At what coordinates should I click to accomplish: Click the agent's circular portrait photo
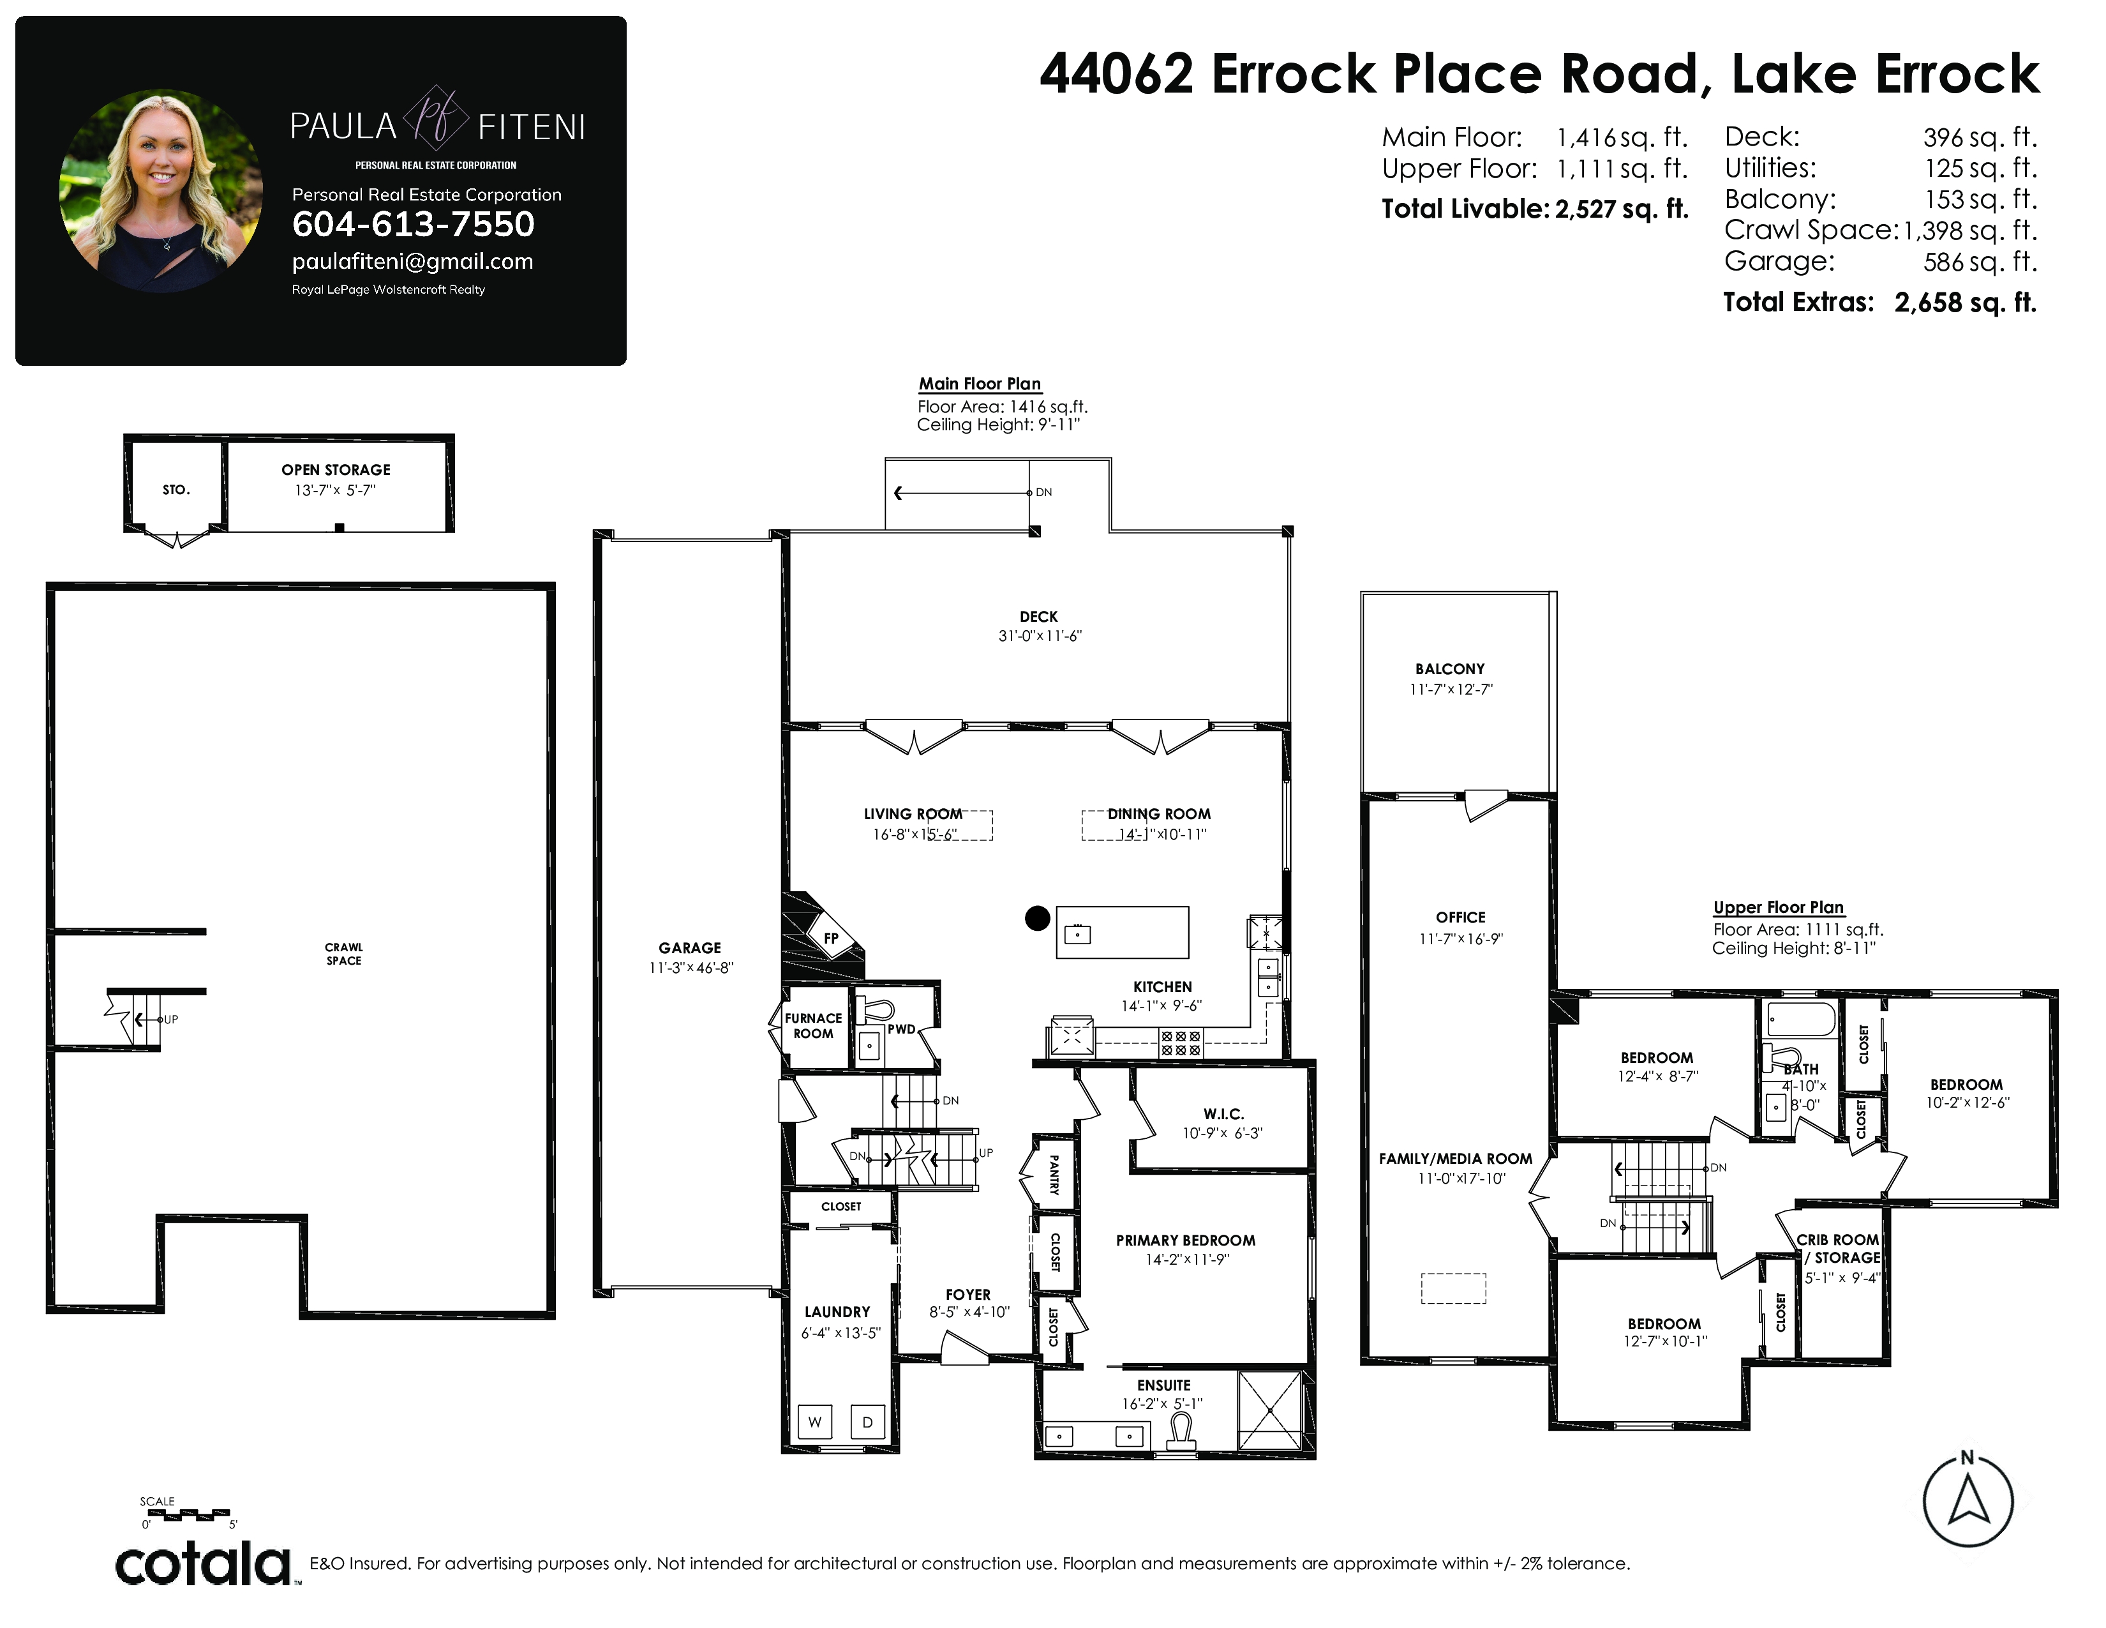[x=161, y=191]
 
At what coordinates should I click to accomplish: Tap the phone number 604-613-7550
[x=413, y=225]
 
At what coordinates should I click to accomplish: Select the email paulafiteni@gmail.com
[x=413, y=261]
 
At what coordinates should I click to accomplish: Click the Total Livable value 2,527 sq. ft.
[x=1622, y=209]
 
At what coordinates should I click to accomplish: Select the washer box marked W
[x=815, y=1422]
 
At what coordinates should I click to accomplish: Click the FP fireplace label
[x=831, y=937]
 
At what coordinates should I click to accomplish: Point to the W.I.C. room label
[x=1223, y=1114]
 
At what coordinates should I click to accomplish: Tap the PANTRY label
[x=1054, y=1175]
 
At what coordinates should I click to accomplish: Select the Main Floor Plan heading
[x=980, y=384]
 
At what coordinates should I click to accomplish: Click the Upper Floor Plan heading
[x=1778, y=908]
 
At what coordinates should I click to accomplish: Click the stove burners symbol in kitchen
[x=1180, y=1043]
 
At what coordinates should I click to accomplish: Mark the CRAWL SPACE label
[x=344, y=954]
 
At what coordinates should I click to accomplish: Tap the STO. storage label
[x=177, y=490]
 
